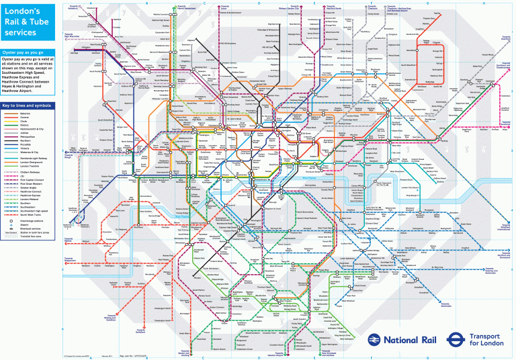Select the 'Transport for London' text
486,340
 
